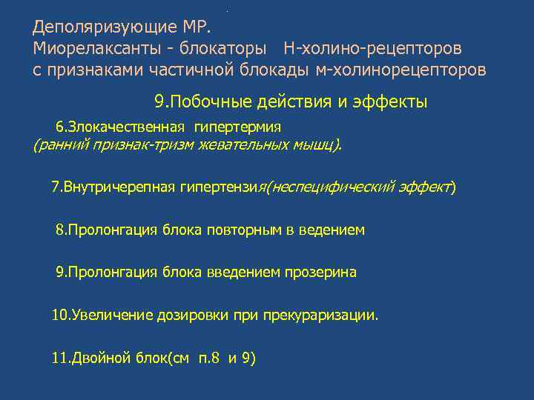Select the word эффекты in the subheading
[x=392, y=101]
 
